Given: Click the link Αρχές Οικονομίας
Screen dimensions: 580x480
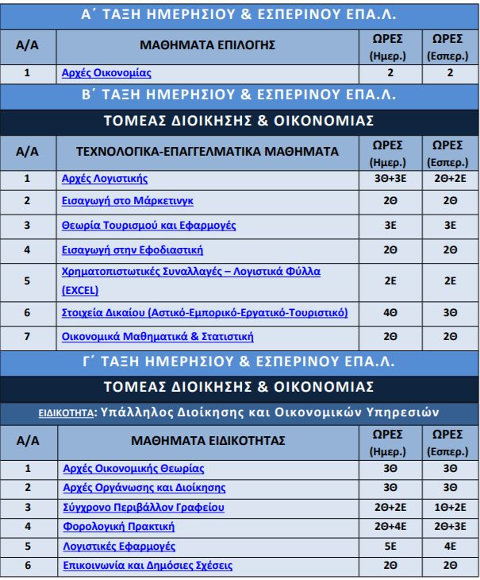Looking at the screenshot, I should coord(106,74).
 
